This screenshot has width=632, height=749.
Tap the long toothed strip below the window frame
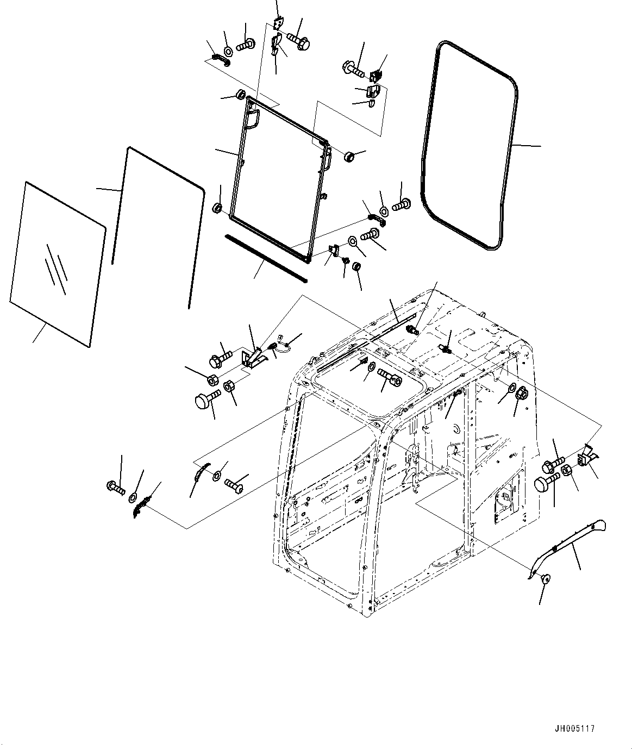click(266, 258)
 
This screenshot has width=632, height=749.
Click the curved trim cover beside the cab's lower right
click(568, 544)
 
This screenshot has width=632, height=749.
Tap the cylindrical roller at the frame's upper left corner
click(240, 95)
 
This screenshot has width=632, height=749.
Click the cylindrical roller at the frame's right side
click(350, 157)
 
